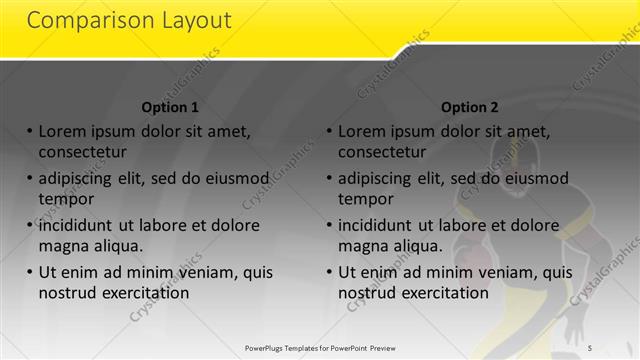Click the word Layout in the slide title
coord(196,20)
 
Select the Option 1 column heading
coord(170,107)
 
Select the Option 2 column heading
coord(469,107)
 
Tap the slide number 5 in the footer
coord(589,347)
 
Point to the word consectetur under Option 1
coord(82,152)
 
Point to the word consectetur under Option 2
coord(382,152)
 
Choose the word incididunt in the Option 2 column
coord(382,225)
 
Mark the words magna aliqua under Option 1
coord(91,245)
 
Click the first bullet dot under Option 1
coord(30,132)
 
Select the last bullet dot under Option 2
coord(330,272)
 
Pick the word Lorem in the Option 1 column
coord(63,132)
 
